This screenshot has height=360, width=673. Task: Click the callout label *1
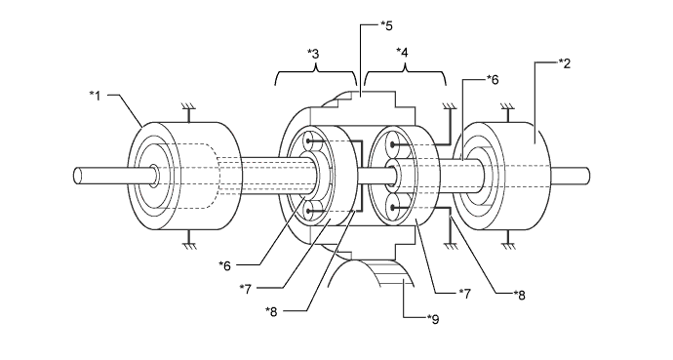click(95, 95)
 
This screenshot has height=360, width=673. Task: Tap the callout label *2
click(565, 63)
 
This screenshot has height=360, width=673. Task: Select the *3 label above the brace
click(313, 54)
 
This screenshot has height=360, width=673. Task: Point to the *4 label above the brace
click(402, 53)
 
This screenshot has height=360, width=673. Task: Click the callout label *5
click(386, 25)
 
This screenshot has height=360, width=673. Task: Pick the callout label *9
click(433, 319)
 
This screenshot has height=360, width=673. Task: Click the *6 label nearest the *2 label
click(493, 79)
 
